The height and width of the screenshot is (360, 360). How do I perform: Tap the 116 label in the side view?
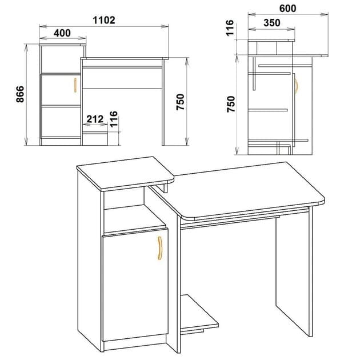click(230, 28)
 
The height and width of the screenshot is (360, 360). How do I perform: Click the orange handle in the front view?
click(75, 85)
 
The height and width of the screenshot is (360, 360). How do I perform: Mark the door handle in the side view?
click(296, 85)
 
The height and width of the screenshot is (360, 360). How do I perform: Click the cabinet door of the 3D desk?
click(134, 286)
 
